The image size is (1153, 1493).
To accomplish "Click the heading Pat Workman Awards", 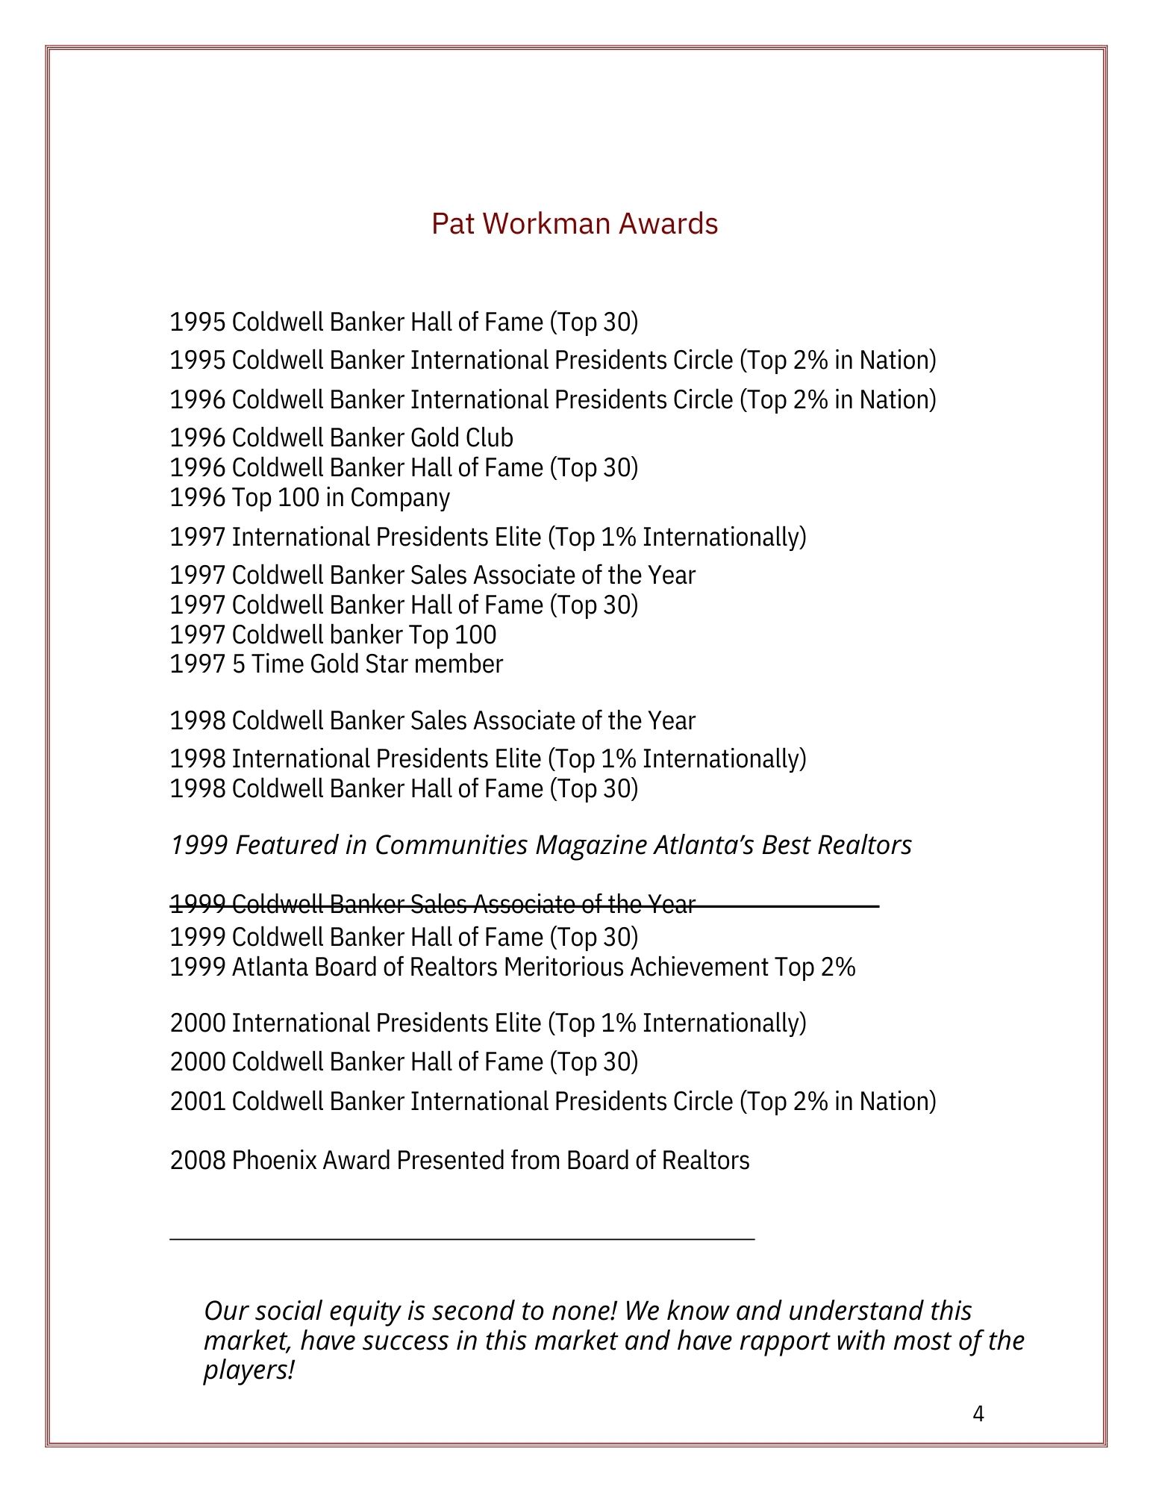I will [x=574, y=224].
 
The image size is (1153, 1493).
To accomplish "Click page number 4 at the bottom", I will [x=978, y=1414].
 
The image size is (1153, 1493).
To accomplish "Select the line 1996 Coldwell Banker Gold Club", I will [x=341, y=437].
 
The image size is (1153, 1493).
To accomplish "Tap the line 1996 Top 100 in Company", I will [x=309, y=498].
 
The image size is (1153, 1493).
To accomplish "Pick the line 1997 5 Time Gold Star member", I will [x=336, y=664].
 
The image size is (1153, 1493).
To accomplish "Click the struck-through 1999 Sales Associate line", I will [x=433, y=905].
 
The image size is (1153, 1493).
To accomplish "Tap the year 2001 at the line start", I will [x=198, y=1102].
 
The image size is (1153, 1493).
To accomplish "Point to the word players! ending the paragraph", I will [x=249, y=1371].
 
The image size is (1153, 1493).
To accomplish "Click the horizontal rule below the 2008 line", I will [x=462, y=1240].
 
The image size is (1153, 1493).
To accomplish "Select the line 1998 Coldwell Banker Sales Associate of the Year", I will [x=432, y=721].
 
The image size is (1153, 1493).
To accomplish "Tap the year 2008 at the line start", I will [x=198, y=1161].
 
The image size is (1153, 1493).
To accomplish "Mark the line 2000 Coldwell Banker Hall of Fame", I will [x=404, y=1062].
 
